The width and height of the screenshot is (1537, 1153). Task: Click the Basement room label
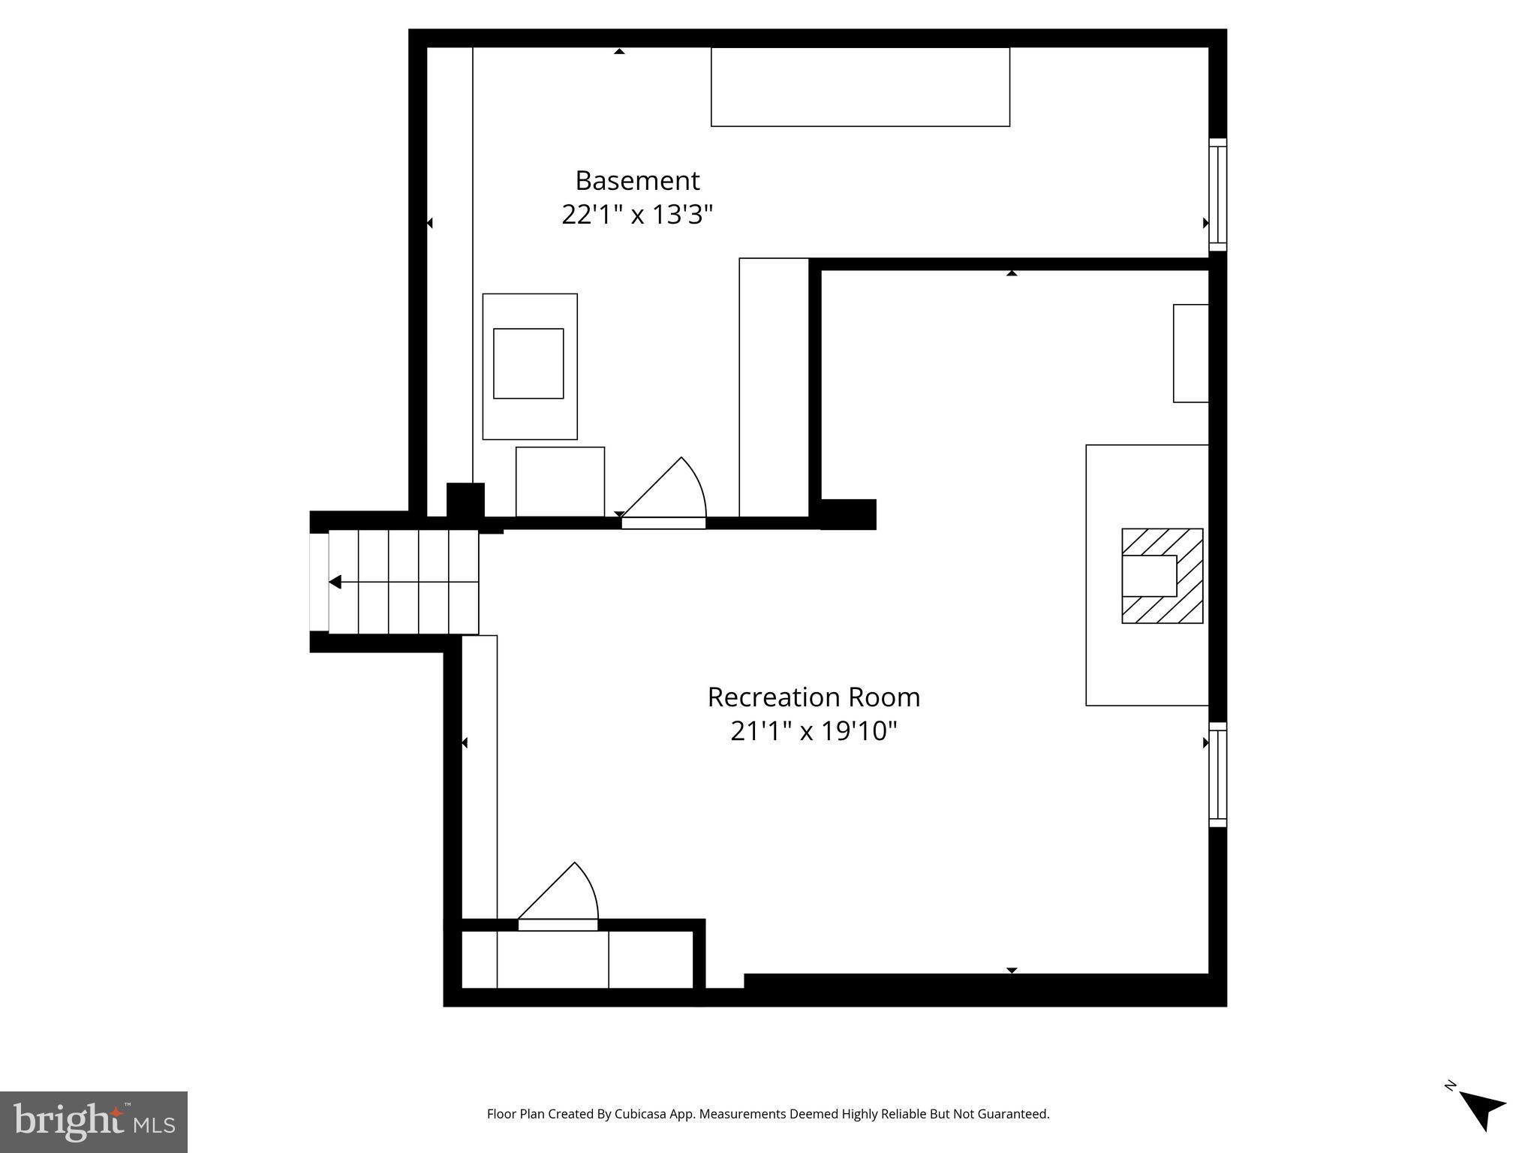click(637, 181)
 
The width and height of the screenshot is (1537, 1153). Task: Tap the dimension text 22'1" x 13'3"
click(636, 215)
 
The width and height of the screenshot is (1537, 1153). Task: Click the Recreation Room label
click(814, 697)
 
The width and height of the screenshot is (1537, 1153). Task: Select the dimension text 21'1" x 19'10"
click(814, 731)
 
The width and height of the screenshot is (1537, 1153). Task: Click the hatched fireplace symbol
click(1163, 576)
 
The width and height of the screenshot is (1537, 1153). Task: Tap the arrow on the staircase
click(335, 582)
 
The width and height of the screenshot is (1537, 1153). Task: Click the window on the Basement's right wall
click(1217, 194)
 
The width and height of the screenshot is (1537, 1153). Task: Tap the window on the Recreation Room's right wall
click(1217, 775)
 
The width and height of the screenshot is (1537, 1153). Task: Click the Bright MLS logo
click(93, 1121)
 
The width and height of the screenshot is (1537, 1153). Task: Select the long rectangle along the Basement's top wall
click(860, 87)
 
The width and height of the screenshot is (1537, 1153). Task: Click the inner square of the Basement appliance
click(528, 363)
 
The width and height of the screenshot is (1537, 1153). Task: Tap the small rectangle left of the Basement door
click(560, 481)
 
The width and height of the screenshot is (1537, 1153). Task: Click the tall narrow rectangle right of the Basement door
click(773, 387)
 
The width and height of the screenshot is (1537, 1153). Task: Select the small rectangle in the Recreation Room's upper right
click(1190, 353)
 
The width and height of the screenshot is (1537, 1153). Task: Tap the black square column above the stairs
click(465, 500)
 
